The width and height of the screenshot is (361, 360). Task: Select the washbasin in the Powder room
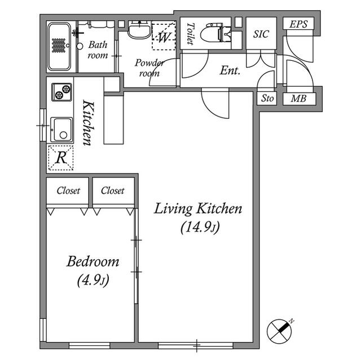point(139,30)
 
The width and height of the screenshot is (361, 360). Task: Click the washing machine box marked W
point(164,37)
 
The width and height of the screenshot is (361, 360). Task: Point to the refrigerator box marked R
point(60,158)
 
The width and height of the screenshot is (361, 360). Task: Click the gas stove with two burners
point(62,92)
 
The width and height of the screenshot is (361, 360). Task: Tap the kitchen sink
point(61,130)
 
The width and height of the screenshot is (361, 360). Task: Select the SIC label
point(261,34)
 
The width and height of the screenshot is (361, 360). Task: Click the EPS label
point(298,24)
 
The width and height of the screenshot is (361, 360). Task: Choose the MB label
point(298,99)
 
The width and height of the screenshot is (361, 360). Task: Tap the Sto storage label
point(267,99)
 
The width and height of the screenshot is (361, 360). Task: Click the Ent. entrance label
point(230,71)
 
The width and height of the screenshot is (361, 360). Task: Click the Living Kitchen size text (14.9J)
point(199,228)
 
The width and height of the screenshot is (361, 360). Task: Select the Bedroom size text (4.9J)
point(93,280)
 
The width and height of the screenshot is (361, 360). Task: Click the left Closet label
point(68,190)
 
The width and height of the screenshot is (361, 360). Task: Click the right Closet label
point(113,190)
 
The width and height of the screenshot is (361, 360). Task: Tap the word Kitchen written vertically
point(88,123)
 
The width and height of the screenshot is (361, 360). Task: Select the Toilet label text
point(190,33)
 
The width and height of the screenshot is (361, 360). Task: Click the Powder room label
point(149,68)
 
